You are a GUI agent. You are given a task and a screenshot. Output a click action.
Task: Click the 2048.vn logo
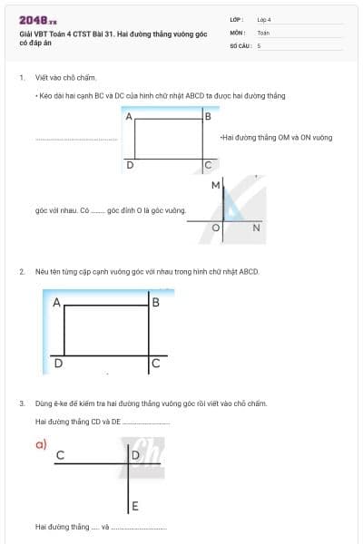click(37, 20)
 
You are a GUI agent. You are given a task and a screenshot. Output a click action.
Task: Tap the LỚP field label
click(237, 19)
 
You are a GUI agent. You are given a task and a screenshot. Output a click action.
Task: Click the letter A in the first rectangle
click(129, 117)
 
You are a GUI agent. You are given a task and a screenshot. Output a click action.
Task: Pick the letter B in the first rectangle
click(209, 116)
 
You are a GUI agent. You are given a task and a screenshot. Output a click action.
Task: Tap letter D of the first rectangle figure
click(130, 166)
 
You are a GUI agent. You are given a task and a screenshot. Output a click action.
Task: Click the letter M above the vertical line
click(215, 185)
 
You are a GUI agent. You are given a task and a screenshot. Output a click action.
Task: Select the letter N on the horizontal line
click(256, 228)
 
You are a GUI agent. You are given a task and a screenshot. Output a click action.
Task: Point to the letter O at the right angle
click(216, 228)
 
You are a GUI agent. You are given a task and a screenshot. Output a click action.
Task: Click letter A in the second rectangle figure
click(56, 304)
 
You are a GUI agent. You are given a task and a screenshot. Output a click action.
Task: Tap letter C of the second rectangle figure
click(155, 364)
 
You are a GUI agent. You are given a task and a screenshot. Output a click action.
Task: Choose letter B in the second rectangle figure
click(155, 302)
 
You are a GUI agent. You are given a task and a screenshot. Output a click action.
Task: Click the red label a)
click(41, 443)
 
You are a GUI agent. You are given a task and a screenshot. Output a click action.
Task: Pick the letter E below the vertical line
click(134, 505)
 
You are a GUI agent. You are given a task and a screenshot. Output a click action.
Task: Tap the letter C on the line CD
click(60, 454)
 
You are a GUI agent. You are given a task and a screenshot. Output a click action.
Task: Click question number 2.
click(22, 271)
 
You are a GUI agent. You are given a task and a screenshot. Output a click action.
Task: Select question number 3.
click(22, 403)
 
